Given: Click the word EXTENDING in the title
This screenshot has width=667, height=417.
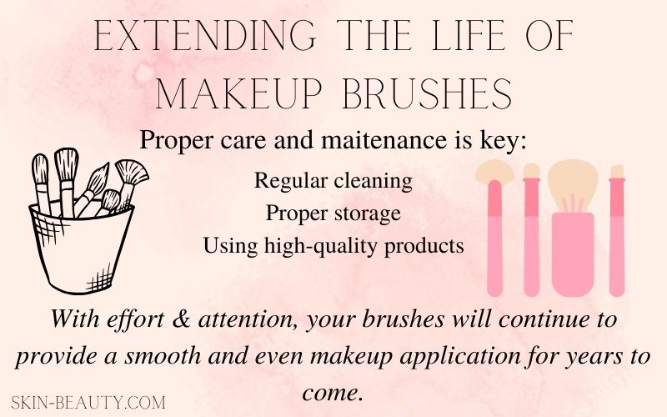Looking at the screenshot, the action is [204, 36].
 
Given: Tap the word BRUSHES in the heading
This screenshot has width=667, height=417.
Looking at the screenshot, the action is [427, 93].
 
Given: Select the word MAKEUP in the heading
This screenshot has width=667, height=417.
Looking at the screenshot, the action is [238, 93].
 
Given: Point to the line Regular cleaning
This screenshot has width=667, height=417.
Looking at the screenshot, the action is [333, 181].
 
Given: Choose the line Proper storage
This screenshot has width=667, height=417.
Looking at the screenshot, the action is [333, 213].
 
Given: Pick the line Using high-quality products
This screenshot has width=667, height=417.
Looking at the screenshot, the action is [333, 245].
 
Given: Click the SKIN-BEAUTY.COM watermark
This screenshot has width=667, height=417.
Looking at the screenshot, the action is [88, 402].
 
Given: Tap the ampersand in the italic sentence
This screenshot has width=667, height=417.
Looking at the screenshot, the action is [182, 319].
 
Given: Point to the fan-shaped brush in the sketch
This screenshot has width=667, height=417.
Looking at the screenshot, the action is [131, 175].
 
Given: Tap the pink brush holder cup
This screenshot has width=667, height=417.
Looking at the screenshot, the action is [573, 254].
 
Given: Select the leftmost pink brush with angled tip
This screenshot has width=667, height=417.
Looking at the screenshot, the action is [495, 230].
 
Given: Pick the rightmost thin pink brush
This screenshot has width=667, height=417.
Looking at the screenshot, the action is [617, 231].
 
